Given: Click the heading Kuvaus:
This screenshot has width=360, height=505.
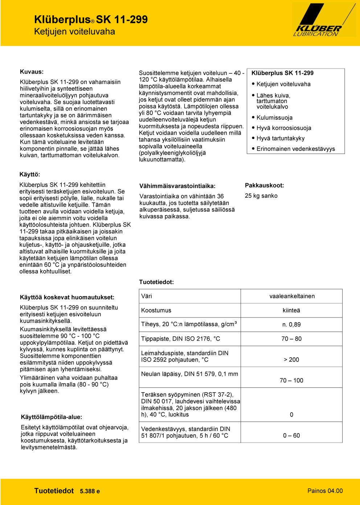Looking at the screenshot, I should (32, 72).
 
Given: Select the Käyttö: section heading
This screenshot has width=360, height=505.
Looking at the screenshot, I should (30, 175).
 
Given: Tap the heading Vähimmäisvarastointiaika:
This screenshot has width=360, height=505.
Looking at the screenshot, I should (177, 186).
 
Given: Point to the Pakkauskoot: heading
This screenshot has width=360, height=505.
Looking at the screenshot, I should (264, 185).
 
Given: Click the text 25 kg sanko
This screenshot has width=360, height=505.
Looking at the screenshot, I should (261, 196).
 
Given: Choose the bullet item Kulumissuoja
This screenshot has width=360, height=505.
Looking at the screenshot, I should (274, 118).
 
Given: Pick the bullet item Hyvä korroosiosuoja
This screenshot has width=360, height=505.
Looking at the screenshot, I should (283, 128).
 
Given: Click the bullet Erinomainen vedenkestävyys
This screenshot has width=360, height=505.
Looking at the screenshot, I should (295, 149).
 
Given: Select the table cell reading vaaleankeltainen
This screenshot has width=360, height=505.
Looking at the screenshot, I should (292, 296).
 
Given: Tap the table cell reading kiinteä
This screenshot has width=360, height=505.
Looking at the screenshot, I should (291, 311).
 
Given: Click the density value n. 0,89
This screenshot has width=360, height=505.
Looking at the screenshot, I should (291, 325).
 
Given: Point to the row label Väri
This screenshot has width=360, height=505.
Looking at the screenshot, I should (147, 296).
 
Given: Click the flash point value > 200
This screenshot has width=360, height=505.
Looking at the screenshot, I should (291, 360).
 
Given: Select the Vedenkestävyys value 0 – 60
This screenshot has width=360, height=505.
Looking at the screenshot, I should (291, 436).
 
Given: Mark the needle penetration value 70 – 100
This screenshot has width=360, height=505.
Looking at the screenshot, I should (291, 381).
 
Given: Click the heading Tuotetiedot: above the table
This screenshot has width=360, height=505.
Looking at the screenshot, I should (156, 282).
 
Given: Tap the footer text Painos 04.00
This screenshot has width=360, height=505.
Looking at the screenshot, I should (325, 491).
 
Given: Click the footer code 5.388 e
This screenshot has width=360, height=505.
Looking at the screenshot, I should (90, 491).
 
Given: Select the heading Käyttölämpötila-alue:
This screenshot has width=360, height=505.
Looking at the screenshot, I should (51, 417).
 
